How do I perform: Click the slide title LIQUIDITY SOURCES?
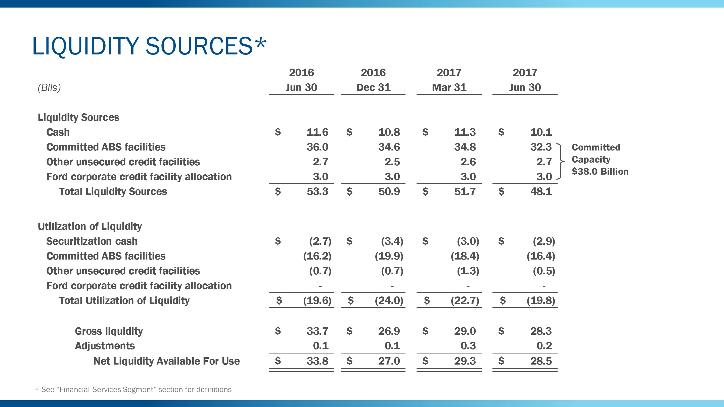pyautogui.click(x=149, y=46)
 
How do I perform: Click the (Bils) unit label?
pyautogui.click(x=49, y=88)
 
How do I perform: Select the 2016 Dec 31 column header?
pyautogui.click(x=373, y=80)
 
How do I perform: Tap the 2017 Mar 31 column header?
pyautogui.click(x=449, y=80)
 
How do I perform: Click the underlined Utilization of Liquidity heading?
pyautogui.click(x=90, y=226)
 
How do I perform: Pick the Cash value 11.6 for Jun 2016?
pyautogui.click(x=317, y=132)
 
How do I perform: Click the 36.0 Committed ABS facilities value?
pyautogui.click(x=317, y=147)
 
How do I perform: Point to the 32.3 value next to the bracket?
pyautogui.click(x=541, y=147)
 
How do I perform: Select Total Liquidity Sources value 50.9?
pyautogui.click(x=389, y=191)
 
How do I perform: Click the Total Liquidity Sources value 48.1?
pyautogui.click(x=541, y=191)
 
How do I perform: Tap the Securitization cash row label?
pyautogui.click(x=92, y=241)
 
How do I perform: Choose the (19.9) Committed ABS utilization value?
pyautogui.click(x=389, y=256)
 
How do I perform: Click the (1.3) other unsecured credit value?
pyautogui.click(x=468, y=271)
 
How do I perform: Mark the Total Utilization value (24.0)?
pyautogui.click(x=389, y=300)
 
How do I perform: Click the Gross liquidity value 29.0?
pyautogui.click(x=465, y=331)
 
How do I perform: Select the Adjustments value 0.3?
pyautogui.click(x=468, y=346)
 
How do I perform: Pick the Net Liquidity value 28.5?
pyautogui.click(x=541, y=361)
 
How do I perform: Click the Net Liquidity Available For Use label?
pyautogui.click(x=166, y=361)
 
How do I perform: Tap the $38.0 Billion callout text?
pyautogui.click(x=600, y=172)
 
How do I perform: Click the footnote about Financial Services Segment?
pyautogui.click(x=133, y=390)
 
